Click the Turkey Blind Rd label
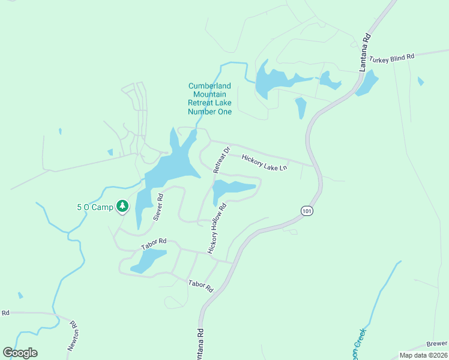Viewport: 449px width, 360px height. point(392,58)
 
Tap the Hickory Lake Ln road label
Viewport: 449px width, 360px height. point(265,163)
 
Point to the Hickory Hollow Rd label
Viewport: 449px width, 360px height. point(217,229)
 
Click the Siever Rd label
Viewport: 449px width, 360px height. point(158,207)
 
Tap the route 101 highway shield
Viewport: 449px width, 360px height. point(306,211)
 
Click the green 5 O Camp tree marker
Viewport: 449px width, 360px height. point(122,207)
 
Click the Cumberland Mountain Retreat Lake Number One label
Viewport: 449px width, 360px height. point(209,98)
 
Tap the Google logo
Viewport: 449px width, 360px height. point(20,353)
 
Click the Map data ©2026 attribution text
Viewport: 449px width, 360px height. point(423,355)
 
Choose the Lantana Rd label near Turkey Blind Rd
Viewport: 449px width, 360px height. point(366,53)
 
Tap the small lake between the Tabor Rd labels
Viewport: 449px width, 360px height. point(146,260)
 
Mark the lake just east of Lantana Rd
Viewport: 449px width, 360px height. point(367,83)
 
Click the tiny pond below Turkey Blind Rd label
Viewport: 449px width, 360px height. point(420,81)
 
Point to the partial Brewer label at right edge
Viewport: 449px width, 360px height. point(438,343)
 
